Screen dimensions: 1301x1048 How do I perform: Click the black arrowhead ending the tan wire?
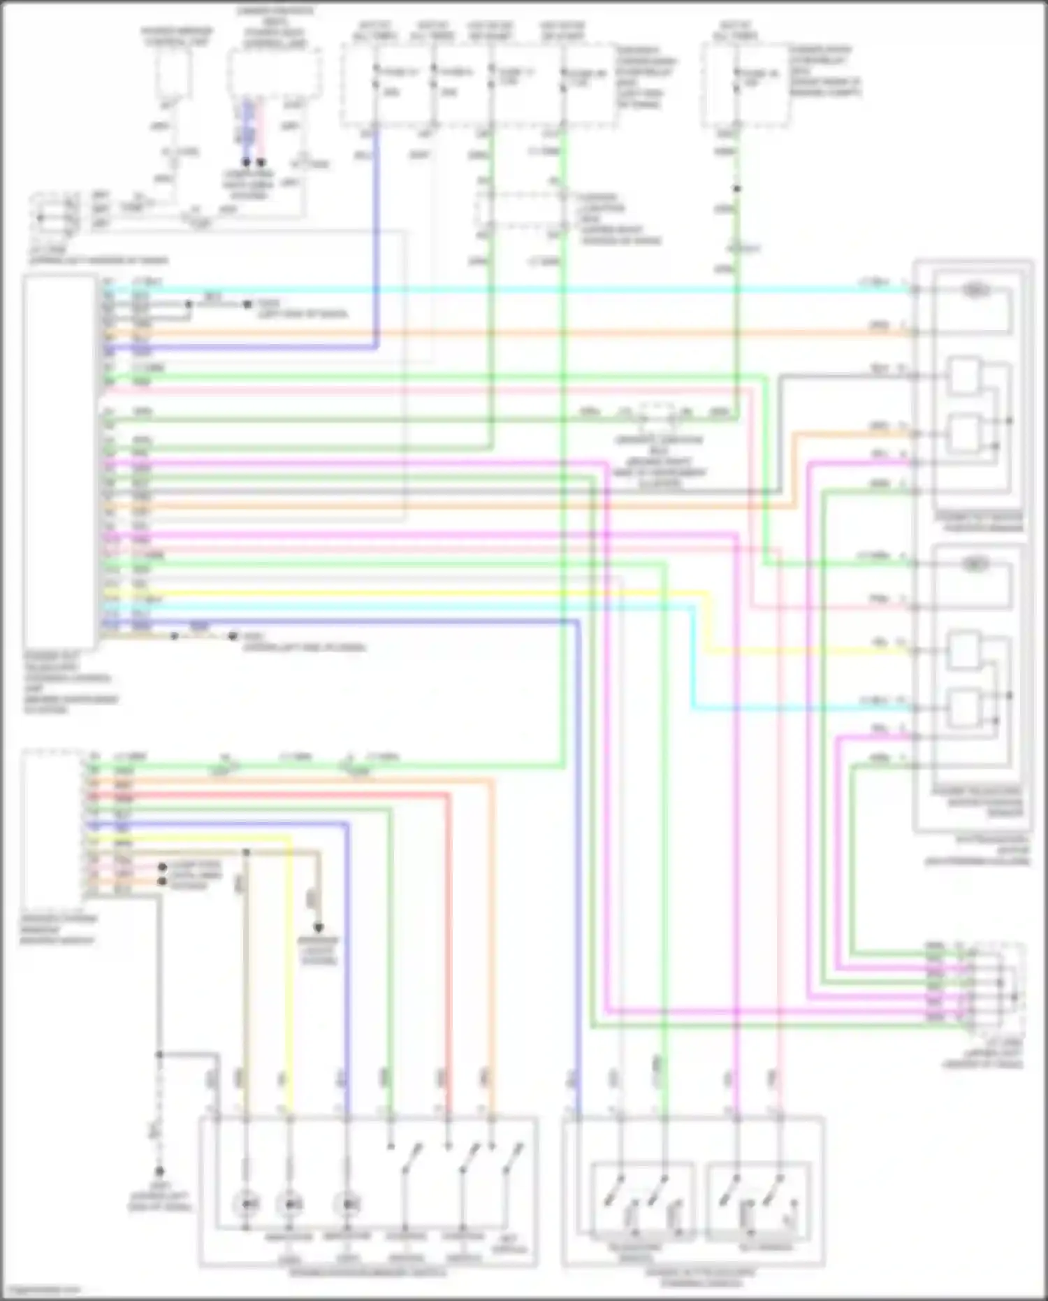coord(319,928)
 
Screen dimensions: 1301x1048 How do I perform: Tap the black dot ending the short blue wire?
coord(247,162)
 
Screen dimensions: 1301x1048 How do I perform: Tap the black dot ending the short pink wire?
coord(261,162)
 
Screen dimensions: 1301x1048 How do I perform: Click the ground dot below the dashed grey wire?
coord(159,1171)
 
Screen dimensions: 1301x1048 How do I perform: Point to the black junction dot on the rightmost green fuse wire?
coord(736,189)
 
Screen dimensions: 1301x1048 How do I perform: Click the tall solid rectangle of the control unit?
coord(59,461)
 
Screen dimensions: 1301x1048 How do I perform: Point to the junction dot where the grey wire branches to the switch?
coord(159,1054)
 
